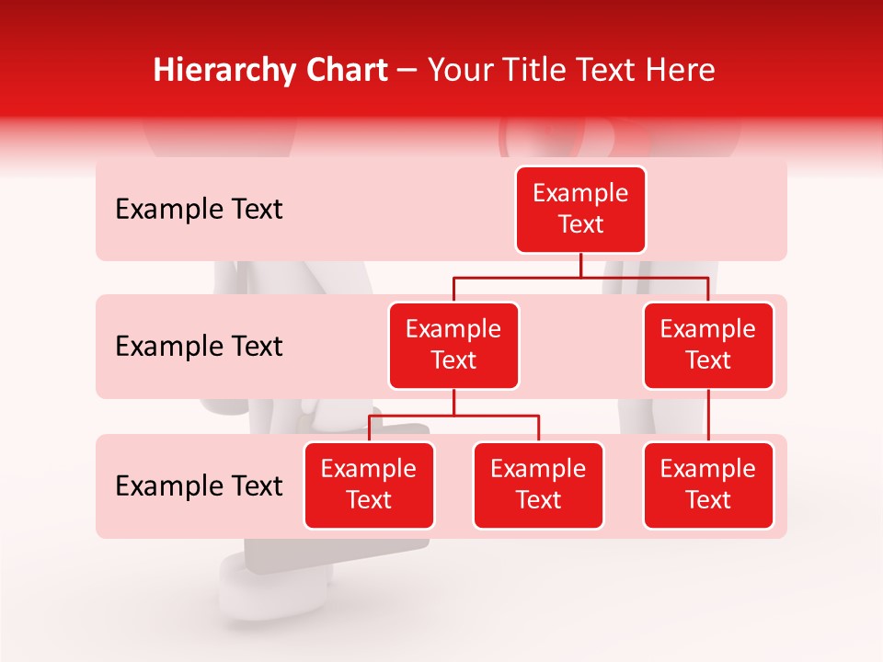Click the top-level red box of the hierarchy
[x=580, y=210]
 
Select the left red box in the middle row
[x=453, y=346]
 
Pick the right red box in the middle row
[x=708, y=346]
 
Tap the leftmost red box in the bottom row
[x=369, y=485]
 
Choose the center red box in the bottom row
[x=538, y=485]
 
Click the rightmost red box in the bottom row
[x=708, y=485]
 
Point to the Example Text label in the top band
[x=199, y=210]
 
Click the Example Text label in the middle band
[x=199, y=347]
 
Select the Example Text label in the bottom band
[x=199, y=486]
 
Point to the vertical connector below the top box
[x=580, y=265]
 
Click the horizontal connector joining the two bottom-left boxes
[x=453, y=416]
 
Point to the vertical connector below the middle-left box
[x=453, y=402]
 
